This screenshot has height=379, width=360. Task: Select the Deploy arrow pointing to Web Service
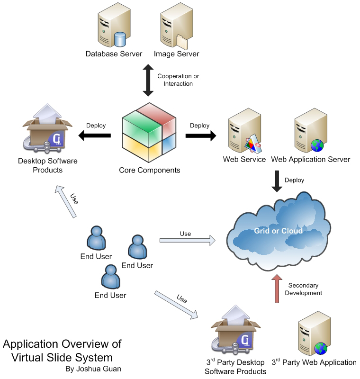tap(200, 136)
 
